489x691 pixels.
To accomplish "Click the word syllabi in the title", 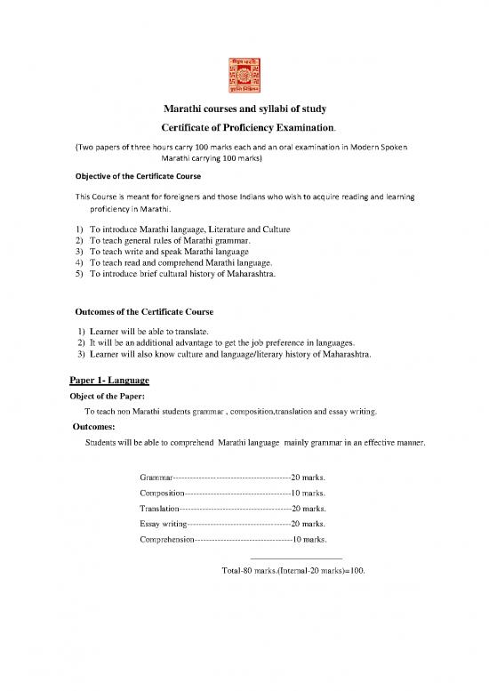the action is (x=269, y=109).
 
